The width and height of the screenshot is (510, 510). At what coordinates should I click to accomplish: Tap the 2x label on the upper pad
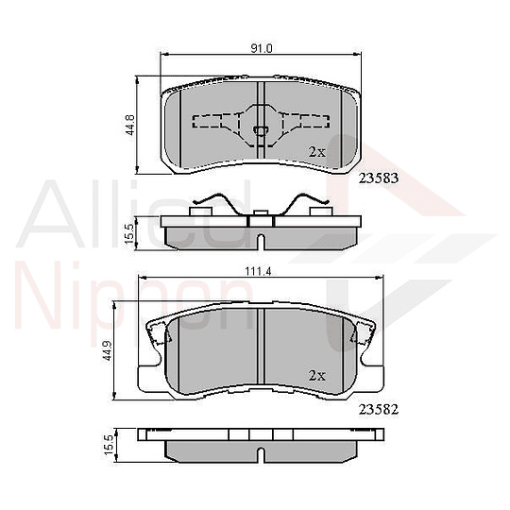pos(317,151)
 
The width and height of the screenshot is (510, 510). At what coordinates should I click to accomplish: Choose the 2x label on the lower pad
pos(317,375)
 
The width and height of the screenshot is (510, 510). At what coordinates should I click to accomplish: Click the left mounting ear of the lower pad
pos(158,332)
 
